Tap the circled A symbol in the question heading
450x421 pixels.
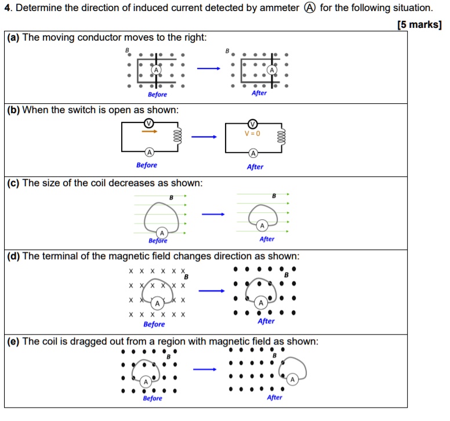click(x=310, y=8)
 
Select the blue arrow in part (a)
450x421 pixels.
click(x=208, y=69)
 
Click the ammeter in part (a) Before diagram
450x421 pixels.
click(x=155, y=70)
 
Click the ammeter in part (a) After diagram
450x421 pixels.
click(x=271, y=70)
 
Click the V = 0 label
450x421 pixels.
click(x=252, y=133)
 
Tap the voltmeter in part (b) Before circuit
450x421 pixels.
click(x=149, y=123)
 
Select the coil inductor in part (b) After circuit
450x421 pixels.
click(x=281, y=138)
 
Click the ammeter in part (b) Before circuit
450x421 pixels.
click(x=149, y=153)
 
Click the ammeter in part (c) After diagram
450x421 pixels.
click(x=262, y=226)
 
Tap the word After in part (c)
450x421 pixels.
click(x=267, y=239)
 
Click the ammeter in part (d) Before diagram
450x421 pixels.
click(x=157, y=303)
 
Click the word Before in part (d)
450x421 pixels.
click(x=154, y=324)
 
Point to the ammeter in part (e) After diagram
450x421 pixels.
click(x=292, y=379)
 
